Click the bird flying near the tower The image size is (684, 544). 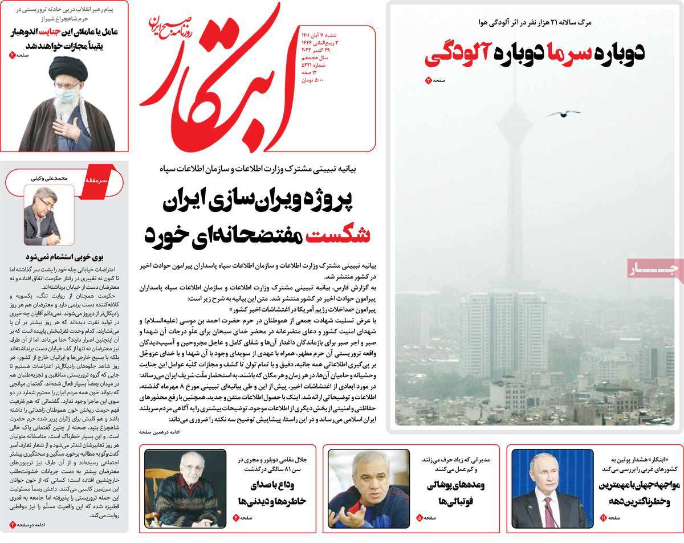563,113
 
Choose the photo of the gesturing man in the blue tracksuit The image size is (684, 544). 368,488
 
